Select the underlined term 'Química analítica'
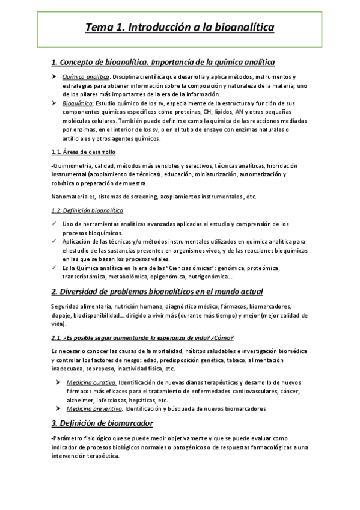[85, 77]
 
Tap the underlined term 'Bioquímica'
[78, 103]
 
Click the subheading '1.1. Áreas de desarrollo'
[84, 152]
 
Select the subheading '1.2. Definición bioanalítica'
[87, 210]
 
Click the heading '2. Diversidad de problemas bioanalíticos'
[157, 292]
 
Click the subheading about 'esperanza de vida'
[142, 337]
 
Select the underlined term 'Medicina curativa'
[91, 382]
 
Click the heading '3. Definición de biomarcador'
[102, 423]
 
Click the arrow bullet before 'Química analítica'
[53, 77]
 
